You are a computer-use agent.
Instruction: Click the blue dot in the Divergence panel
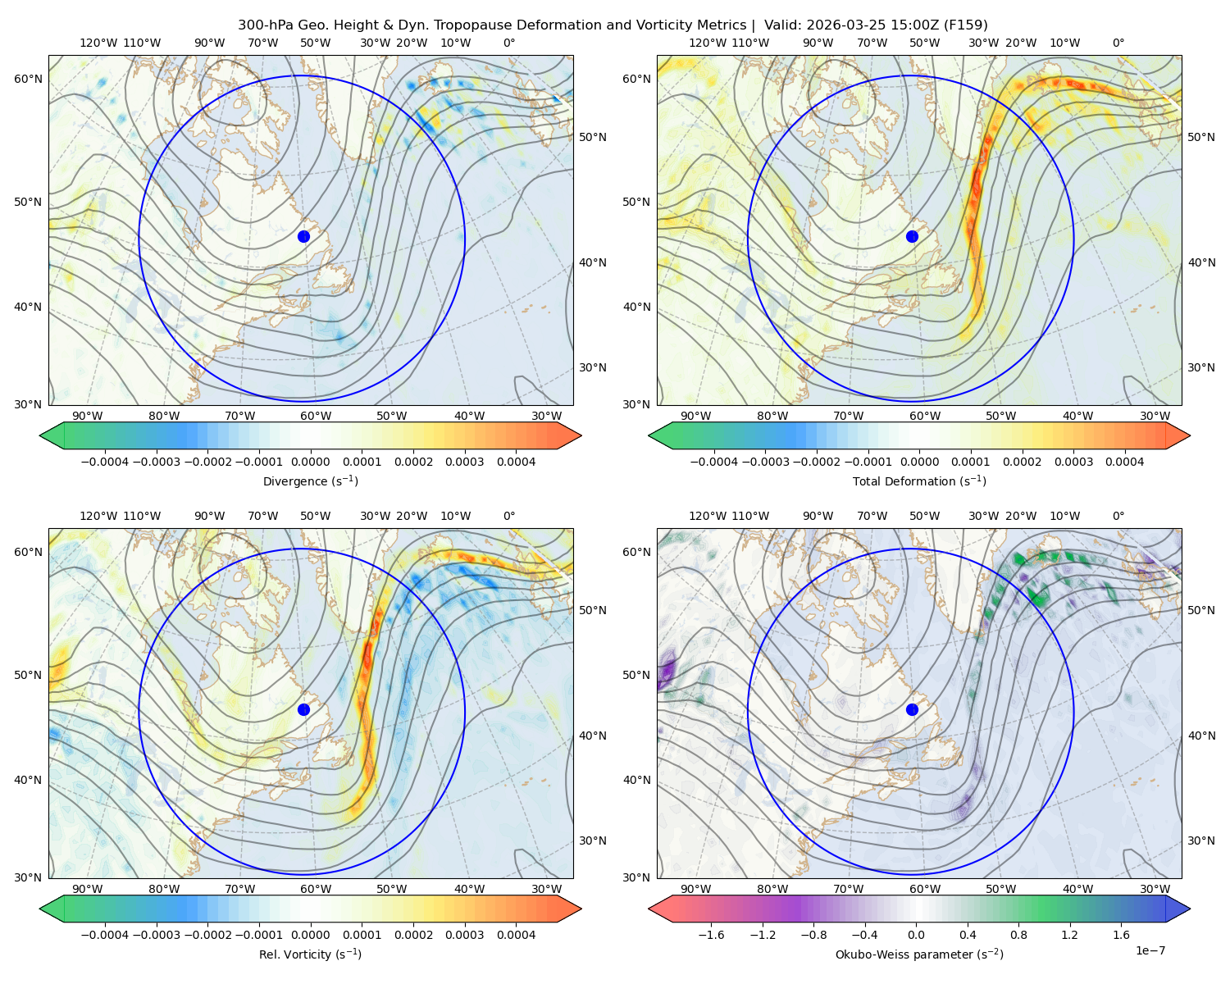click(303, 236)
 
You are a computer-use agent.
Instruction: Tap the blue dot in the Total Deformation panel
click(912, 236)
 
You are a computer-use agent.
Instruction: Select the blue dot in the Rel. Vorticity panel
click(303, 709)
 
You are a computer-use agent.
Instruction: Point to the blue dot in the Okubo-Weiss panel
click(912, 709)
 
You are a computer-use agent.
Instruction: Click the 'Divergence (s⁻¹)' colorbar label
click(310, 481)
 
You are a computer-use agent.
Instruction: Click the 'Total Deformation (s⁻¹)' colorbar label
click(919, 481)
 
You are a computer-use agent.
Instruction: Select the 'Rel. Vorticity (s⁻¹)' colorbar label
click(310, 954)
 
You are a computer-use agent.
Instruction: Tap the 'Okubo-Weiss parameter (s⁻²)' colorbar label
click(919, 954)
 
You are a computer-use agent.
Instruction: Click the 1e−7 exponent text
click(1150, 950)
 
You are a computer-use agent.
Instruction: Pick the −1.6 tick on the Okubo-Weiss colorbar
click(711, 934)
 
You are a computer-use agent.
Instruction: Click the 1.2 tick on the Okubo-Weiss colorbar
click(1069, 934)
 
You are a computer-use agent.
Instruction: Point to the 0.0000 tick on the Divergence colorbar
click(310, 462)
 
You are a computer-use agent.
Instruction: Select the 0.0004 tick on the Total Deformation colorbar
click(1124, 462)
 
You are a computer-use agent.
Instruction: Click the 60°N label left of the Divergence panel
click(28, 79)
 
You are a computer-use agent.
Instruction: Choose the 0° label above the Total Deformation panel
click(1118, 43)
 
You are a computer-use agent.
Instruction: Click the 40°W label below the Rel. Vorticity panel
click(469, 889)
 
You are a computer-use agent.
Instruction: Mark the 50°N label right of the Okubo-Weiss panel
click(1201, 609)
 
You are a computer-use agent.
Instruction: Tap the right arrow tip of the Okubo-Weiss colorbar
click(1190, 908)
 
